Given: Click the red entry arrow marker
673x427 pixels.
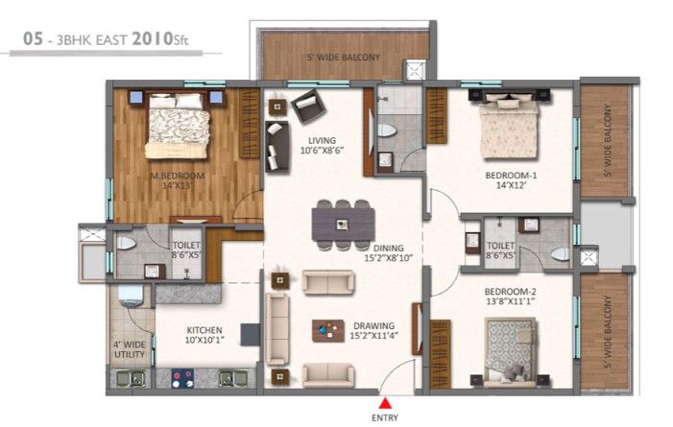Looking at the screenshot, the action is coord(386,403).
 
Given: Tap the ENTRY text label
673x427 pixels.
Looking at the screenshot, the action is coord(385,417).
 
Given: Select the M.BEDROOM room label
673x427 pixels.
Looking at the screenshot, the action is coord(178,176).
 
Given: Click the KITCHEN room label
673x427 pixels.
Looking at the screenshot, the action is coord(204,330).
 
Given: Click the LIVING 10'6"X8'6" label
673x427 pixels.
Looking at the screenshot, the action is coord(322,145).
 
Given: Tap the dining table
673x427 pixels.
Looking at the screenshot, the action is coord(343,225).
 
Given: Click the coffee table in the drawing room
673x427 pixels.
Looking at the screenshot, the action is coord(328,330).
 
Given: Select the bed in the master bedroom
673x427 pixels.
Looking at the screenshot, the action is coord(178,125).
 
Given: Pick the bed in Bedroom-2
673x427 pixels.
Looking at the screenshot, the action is coord(511,350).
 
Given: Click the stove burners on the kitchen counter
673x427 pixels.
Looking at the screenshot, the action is coord(182,378).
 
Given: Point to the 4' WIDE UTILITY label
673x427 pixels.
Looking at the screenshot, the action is coord(130,349).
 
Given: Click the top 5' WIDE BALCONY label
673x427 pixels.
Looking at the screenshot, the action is coord(344,57).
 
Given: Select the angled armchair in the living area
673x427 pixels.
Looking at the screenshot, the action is coord(308,106).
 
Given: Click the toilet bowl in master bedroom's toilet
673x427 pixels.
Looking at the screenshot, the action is coord(126,243).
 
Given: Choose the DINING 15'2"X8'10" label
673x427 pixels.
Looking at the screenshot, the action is coord(389,252).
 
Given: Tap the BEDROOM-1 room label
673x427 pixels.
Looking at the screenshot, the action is coord(511,175).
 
